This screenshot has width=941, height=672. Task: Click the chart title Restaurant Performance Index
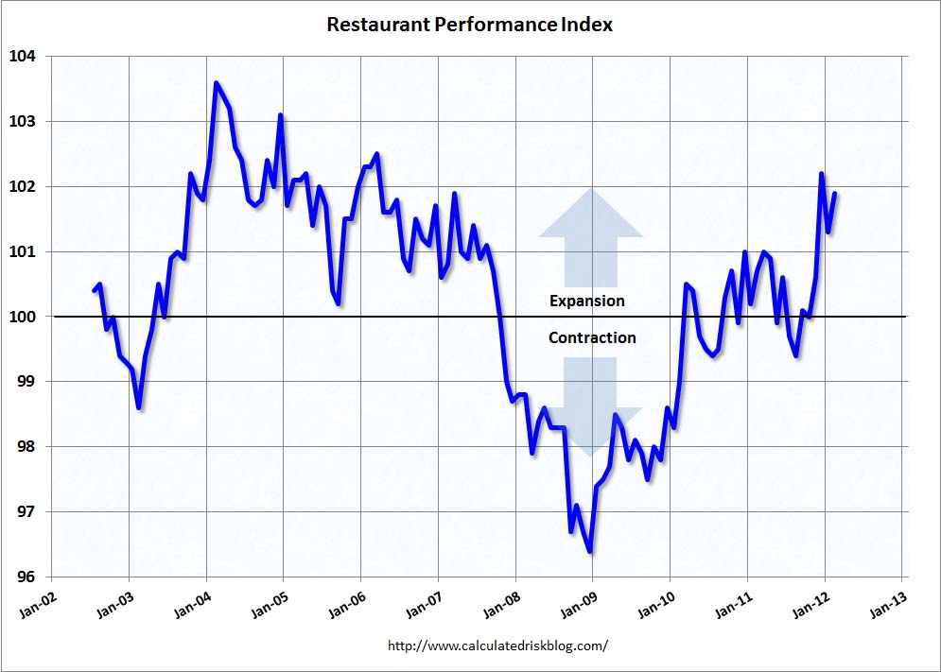(x=469, y=25)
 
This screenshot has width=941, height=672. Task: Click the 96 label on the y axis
(x=26, y=577)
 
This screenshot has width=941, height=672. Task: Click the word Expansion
(x=587, y=301)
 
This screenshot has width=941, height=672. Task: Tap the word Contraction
(x=592, y=337)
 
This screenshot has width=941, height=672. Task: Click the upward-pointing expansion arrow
(x=591, y=236)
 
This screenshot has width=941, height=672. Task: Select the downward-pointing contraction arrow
(x=591, y=406)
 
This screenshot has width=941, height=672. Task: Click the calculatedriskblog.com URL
(x=497, y=646)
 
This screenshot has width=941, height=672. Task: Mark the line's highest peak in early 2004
(x=216, y=83)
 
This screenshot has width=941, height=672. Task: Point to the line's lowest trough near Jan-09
(x=590, y=551)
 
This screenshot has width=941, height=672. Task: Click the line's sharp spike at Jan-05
(x=281, y=115)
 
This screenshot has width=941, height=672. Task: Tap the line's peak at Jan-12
(x=821, y=174)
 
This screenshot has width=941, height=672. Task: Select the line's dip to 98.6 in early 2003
(x=139, y=407)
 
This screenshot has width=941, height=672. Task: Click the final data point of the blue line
(x=835, y=194)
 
